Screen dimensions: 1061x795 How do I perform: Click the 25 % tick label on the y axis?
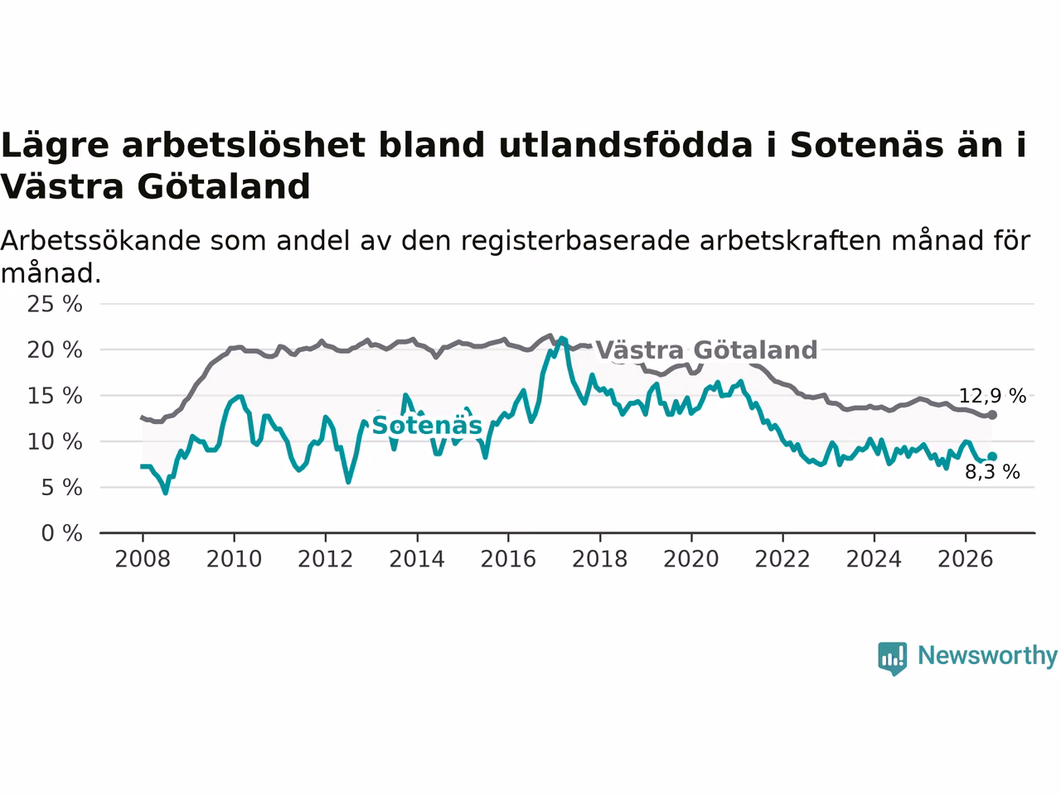[x=55, y=305]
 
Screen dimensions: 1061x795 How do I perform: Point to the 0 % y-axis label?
[x=62, y=534]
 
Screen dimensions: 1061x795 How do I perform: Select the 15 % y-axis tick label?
[x=55, y=397]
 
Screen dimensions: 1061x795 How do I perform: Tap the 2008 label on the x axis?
[x=143, y=560]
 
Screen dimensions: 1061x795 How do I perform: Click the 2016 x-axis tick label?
[x=508, y=560]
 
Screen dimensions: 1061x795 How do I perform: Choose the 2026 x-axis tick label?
[x=966, y=560]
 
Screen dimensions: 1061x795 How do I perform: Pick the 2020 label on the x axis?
[x=691, y=560]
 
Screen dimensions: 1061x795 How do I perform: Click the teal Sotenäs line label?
[x=427, y=426]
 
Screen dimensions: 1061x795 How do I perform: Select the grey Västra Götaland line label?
[x=707, y=350]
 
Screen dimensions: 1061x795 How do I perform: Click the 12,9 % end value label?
[x=992, y=397]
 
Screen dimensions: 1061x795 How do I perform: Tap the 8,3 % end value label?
[x=992, y=472]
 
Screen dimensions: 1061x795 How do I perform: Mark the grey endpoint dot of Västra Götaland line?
[x=992, y=415]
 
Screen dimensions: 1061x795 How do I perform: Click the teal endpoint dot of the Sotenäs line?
[x=992, y=456]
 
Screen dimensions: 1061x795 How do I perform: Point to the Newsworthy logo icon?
[x=892, y=658]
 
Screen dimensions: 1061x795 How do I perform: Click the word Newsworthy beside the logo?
[x=987, y=656]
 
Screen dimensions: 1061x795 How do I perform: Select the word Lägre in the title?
[x=56, y=146]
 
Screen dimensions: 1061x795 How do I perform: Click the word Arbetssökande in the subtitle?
[x=100, y=241]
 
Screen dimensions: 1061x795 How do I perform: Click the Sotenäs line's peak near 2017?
[x=562, y=339]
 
